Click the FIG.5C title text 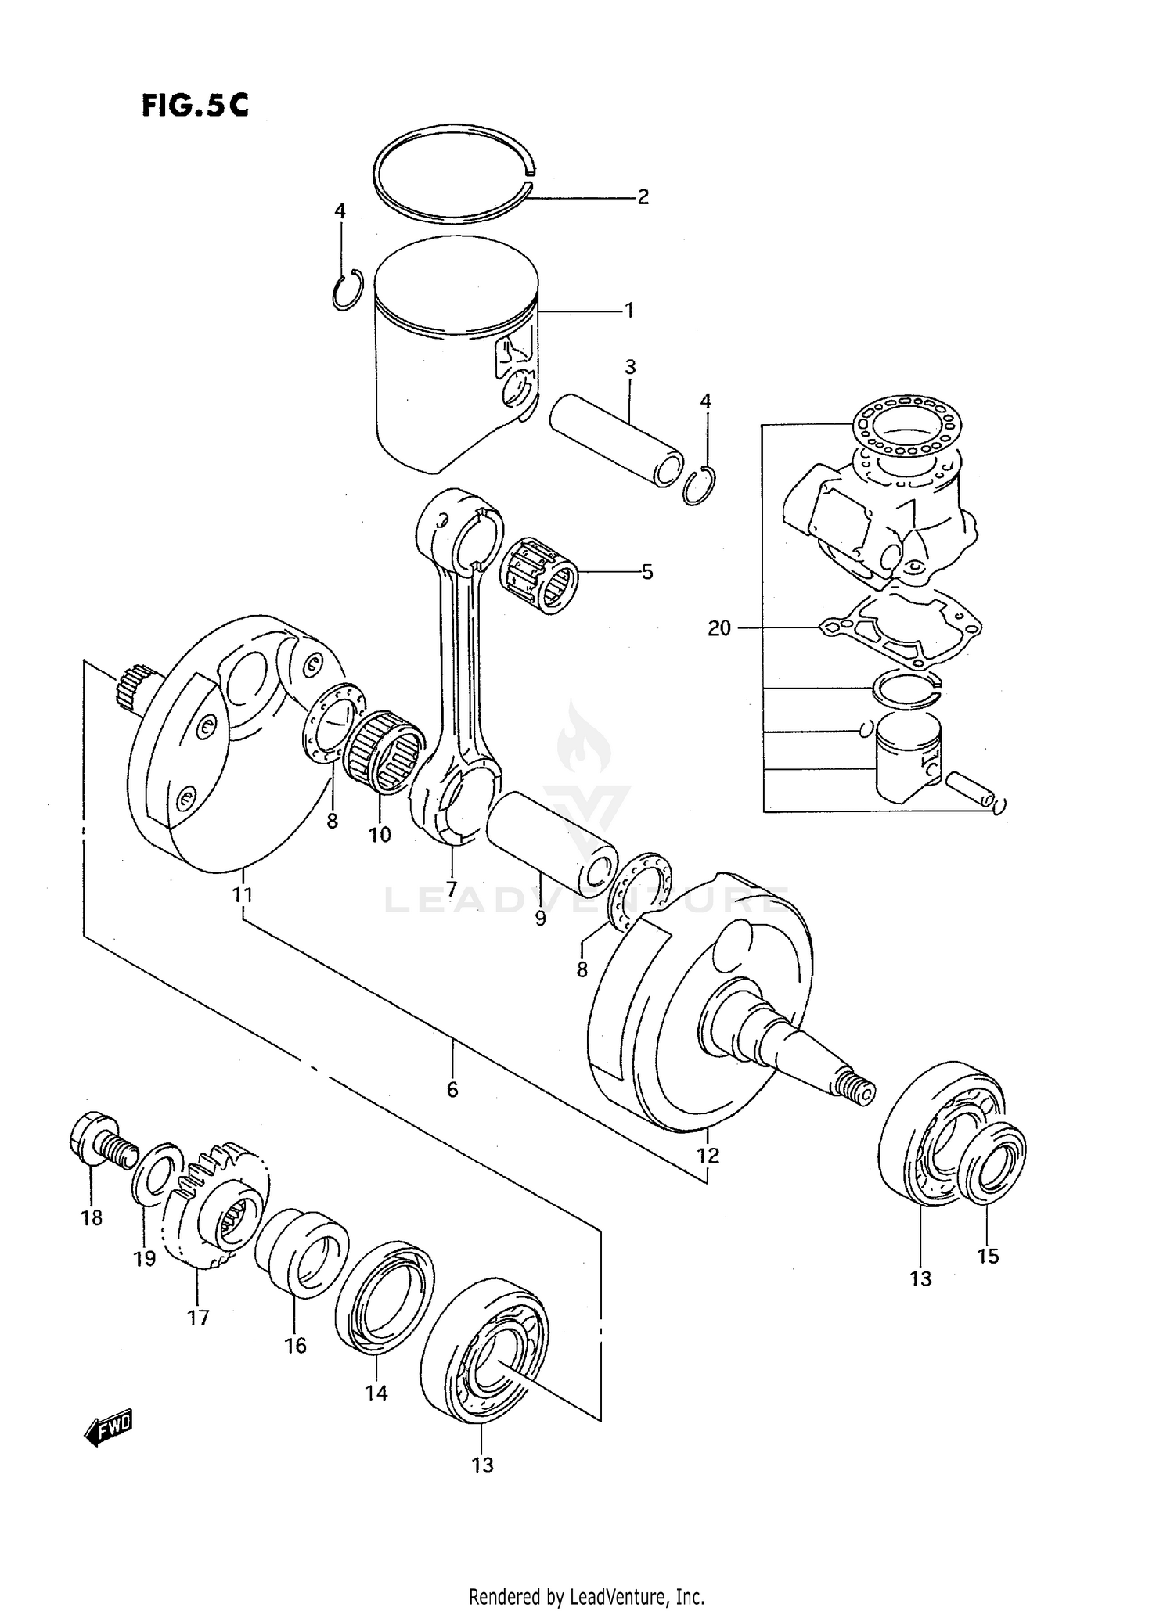(195, 105)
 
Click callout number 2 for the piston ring (643, 196)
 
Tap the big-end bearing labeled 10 (384, 747)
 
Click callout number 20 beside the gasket (718, 628)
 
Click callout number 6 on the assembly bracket (452, 1088)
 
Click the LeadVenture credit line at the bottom (586, 1595)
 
